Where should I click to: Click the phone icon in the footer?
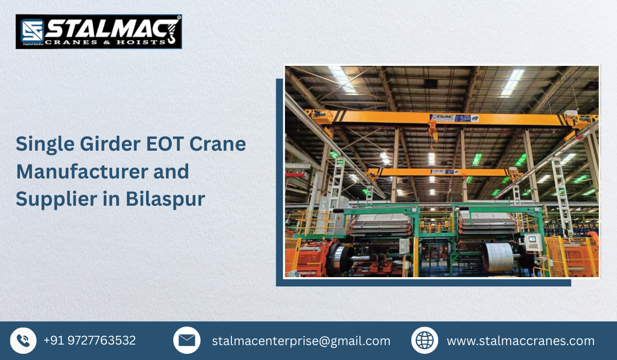(x=23, y=340)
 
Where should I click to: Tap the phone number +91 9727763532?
(x=89, y=340)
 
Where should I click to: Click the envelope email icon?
(x=187, y=340)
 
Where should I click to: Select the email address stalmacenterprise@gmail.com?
(x=301, y=341)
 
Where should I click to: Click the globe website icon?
(x=425, y=340)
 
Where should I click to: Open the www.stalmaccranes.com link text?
(x=520, y=341)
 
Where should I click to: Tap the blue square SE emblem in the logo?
(x=31, y=31)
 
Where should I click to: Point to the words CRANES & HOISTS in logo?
(x=105, y=42)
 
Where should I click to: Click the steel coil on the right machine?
(x=499, y=257)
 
